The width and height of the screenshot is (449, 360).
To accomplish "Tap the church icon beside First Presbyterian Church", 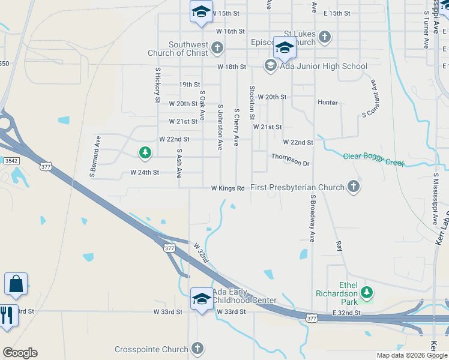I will coord(354,187).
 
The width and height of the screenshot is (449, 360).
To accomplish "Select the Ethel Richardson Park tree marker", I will coord(366,293).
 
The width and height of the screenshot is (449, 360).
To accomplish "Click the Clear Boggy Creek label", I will coord(373,160).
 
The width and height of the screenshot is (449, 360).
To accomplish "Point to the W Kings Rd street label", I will coord(228,188).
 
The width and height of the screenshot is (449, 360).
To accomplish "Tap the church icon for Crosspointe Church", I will coord(197,349).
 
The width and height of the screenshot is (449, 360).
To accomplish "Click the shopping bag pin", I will coord(16,284).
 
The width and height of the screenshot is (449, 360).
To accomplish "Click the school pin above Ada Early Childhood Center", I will coord(202,298).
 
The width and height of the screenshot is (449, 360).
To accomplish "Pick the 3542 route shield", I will coord(11,161).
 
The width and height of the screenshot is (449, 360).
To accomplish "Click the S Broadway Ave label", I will coord(312,218).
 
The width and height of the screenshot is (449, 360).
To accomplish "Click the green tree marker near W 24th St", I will coord(144,153).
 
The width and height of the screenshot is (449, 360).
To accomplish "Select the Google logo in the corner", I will coord(20,353).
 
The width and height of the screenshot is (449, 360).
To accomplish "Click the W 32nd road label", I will coord(201,253).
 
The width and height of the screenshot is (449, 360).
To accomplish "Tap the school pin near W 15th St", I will coord(201,11).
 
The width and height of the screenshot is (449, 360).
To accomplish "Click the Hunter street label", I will coord(328,103).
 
